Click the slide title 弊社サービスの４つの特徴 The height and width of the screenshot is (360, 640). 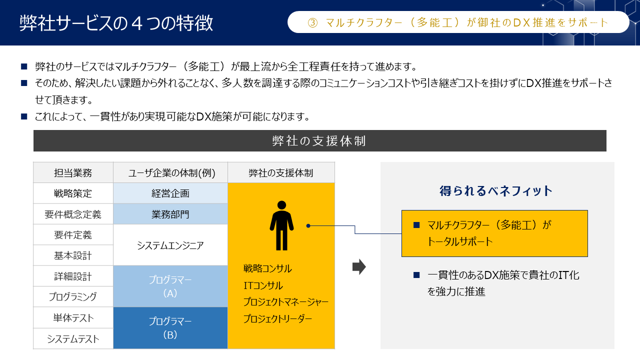pos(116,23)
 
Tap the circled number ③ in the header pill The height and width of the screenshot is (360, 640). pos(312,22)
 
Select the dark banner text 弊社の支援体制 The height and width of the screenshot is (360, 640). pos(319,141)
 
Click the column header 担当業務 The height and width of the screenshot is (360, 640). pos(73,173)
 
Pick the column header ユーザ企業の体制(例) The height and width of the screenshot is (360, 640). pos(171,173)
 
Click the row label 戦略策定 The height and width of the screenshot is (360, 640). pos(73,193)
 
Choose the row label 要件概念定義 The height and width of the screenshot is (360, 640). pos(73,214)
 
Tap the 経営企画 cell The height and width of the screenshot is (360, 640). pos(170,193)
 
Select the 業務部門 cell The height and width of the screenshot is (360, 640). pos(170,214)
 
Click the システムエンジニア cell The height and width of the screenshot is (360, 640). pos(170,245)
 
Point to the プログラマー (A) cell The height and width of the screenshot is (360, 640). pos(170,286)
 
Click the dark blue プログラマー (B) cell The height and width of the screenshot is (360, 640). pos(170,328)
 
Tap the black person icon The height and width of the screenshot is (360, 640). pos(281,225)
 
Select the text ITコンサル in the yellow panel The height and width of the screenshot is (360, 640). pos(263,285)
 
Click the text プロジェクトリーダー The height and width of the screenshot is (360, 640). pos(277,318)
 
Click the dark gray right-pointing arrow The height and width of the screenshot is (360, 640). pos(359,267)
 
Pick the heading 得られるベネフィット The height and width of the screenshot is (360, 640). pos(496,191)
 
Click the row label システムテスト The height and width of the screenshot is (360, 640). pos(73,339)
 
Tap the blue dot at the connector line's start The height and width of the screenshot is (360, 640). pos(308,225)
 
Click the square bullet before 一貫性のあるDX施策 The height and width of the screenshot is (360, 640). pos(416,275)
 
